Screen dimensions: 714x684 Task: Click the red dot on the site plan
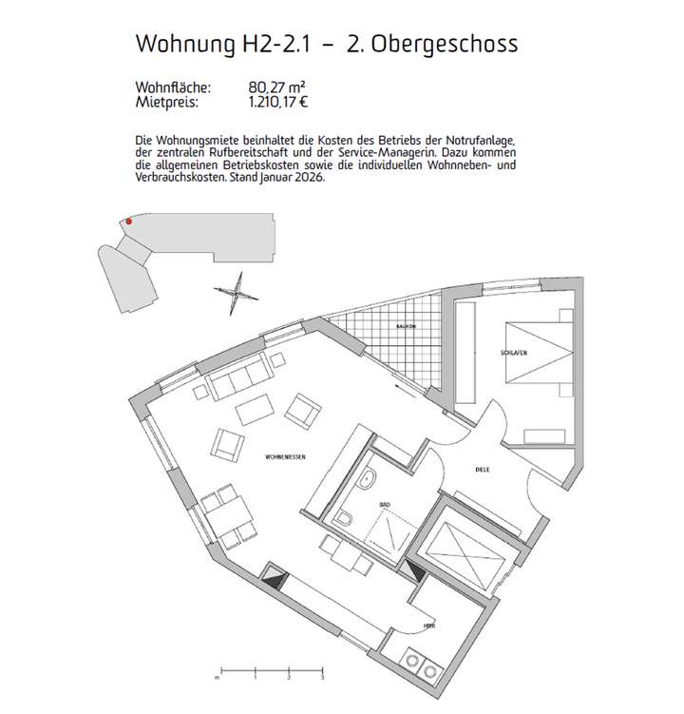coord(129,222)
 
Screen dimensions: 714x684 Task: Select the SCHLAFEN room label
coord(513,352)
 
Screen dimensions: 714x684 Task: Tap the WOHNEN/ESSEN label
coord(284,457)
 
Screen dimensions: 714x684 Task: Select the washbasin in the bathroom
coord(367,478)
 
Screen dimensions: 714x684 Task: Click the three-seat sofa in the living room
coord(237,380)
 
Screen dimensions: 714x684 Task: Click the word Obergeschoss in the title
coord(460,44)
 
